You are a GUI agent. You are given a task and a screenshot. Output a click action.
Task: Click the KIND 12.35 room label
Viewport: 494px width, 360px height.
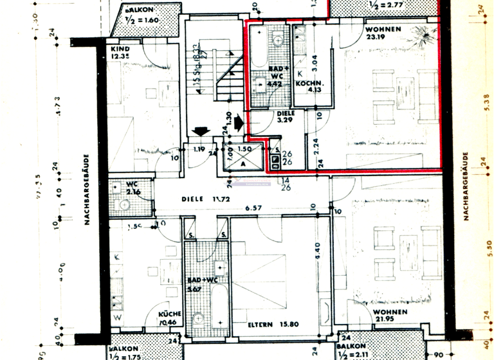[120, 52]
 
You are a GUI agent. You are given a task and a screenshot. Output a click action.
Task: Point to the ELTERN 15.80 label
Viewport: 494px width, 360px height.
[273, 325]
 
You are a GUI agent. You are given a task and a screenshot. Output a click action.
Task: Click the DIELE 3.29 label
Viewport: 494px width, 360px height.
[286, 116]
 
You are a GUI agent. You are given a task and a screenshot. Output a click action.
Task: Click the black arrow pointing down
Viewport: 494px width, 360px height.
[201, 130]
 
